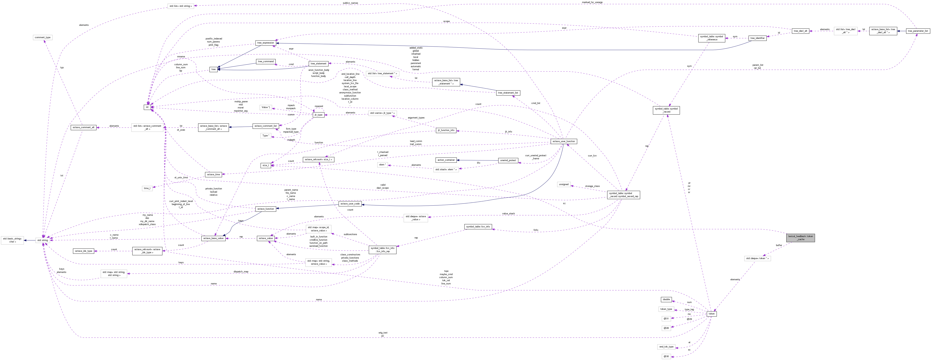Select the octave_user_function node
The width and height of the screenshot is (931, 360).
[x=563, y=141]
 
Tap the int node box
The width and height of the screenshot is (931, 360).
[x=147, y=107]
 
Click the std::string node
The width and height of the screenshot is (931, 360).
[x=43, y=240]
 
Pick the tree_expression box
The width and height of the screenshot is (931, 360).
[x=266, y=43]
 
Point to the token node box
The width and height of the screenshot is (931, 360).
[x=711, y=314]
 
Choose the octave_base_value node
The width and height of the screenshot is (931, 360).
[x=213, y=238]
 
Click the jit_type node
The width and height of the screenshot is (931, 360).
[x=318, y=115]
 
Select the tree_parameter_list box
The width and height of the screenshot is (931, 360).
[x=918, y=31]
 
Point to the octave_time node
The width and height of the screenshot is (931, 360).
[x=213, y=175]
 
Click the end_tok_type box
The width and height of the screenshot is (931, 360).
[x=666, y=347]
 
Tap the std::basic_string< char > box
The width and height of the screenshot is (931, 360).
[x=12, y=240]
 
